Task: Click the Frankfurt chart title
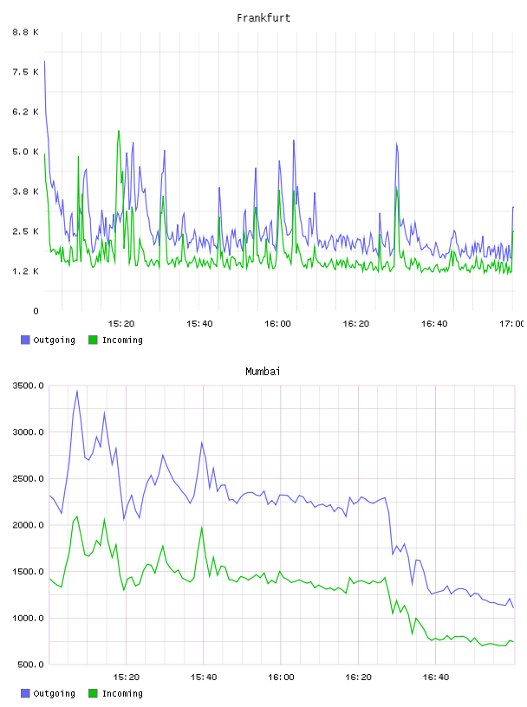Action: coord(263,18)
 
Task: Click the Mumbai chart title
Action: coord(263,372)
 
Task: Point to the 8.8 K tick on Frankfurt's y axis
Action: coord(26,32)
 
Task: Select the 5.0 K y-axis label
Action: coord(26,152)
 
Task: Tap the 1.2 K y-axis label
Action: coord(26,271)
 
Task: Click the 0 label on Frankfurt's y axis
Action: coord(36,311)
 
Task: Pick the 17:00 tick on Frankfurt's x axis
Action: coord(511,323)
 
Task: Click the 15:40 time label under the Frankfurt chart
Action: coord(199,323)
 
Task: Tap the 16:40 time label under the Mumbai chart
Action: coord(435,677)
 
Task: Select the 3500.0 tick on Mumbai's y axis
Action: coord(28,386)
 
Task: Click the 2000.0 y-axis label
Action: coord(28,525)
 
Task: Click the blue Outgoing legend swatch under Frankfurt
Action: coord(25,340)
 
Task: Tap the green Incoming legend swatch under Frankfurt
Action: coord(93,340)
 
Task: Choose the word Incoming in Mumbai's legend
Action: coord(122,693)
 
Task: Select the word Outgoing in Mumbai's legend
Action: coord(54,693)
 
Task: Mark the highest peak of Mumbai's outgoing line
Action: coord(77,391)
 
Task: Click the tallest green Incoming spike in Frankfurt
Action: coord(119,131)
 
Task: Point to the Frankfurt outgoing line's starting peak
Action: coord(44,61)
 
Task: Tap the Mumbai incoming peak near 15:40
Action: coord(202,527)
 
